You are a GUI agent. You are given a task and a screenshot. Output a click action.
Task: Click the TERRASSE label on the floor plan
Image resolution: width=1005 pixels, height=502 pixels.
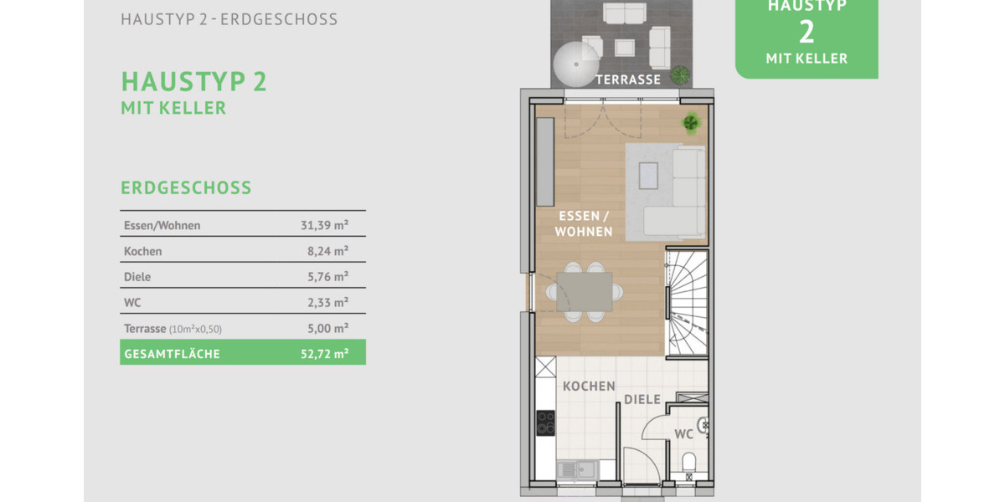click(628, 79)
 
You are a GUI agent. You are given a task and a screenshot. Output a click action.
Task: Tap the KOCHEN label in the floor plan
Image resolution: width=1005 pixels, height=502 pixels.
click(589, 387)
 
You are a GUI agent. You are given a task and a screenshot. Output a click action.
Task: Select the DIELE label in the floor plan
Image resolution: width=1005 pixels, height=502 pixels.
click(642, 400)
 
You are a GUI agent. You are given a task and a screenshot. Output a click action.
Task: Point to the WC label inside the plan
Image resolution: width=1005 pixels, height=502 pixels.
click(683, 434)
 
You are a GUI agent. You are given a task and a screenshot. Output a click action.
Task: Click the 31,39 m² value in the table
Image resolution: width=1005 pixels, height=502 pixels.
click(324, 225)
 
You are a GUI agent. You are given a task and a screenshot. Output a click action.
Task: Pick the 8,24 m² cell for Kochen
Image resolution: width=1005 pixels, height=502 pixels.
click(327, 251)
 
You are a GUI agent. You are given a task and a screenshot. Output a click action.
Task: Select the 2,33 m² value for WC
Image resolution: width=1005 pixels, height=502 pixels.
click(327, 302)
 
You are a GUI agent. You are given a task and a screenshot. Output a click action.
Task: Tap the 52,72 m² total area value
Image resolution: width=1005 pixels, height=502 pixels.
click(324, 354)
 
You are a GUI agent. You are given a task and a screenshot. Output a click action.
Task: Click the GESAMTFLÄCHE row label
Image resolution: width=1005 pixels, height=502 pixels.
click(172, 354)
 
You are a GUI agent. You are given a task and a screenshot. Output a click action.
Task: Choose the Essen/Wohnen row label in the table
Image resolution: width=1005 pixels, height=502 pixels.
click(162, 225)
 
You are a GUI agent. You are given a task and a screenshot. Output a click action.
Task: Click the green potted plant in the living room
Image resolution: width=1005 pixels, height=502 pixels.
click(692, 123)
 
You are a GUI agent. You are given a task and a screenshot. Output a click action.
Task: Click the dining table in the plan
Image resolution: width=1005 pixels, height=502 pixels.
click(584, 292)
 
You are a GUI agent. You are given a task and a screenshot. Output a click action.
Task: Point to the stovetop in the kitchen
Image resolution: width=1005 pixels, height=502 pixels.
click(546, 423)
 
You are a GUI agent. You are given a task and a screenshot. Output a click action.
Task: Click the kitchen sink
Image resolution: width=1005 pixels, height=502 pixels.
click(574, 470)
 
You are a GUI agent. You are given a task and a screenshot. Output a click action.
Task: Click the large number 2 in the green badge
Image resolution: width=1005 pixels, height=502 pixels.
click(807, 32)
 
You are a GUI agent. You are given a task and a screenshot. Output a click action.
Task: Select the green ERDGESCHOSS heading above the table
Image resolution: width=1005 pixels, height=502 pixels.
click(186, 187)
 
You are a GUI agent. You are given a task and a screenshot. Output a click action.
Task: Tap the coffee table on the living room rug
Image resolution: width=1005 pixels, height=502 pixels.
click(648, 176)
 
